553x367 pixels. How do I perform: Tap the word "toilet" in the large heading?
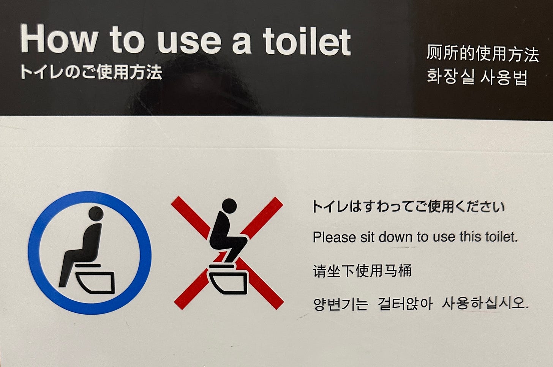[x=307, y=41]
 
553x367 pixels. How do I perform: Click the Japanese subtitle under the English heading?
[x=91, y=72]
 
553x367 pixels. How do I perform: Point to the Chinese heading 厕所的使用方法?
[x=483, y=53]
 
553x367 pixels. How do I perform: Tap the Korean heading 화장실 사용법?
[x=477, y=77]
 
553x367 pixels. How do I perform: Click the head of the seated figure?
[x=96, y=213]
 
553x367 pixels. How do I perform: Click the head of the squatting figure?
[x=229, y=206]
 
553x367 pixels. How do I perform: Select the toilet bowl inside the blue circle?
[x=95, y=282]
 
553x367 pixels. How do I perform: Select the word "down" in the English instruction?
[x=396, y=237]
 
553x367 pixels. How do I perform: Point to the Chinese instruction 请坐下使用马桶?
[x=362, y=271]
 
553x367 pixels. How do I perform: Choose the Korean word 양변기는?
[x=341, y=304]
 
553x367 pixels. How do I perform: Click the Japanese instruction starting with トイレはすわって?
[x=409, y=206]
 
